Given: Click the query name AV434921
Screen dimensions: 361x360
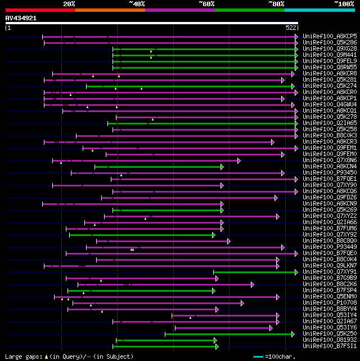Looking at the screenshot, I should click(21, 18).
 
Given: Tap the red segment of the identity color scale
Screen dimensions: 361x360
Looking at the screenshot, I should click(40, 10).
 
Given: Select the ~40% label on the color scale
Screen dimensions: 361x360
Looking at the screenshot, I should click(137, 3).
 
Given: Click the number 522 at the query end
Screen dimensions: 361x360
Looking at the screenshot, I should click(291, 27).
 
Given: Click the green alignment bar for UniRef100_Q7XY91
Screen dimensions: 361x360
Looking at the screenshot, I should click(253, 272).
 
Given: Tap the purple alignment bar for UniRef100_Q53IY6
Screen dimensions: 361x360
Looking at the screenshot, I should click(223, 328).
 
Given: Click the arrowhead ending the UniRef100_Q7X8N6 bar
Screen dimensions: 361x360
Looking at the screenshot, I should click(238, 161).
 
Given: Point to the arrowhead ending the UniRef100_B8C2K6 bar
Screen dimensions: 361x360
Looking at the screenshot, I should click(252, 284).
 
